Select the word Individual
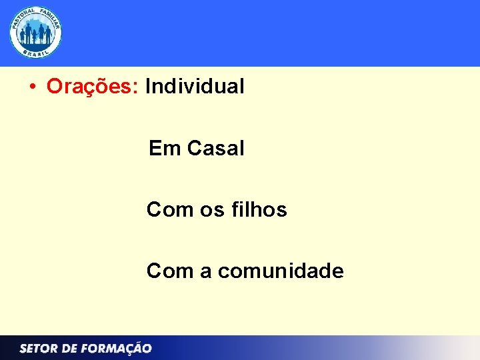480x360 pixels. click(195, 86)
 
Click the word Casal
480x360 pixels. click(216, 148)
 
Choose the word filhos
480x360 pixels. click(260, 209)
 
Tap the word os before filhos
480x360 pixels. click(213, 210)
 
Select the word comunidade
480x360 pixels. click(281, 271)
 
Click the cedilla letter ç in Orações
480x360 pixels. click(97, 88)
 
